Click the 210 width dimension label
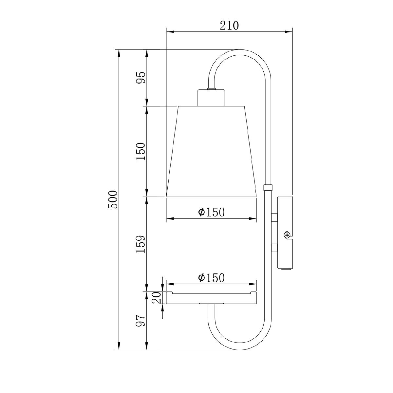pos(229,26)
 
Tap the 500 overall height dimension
pos(113,199)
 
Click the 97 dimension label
pos(141,321)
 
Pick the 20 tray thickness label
pos(157,298)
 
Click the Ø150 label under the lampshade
pos(211,212)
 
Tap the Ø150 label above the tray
pos(211,278)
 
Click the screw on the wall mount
pos(287,235)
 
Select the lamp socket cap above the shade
pos(211,98)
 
